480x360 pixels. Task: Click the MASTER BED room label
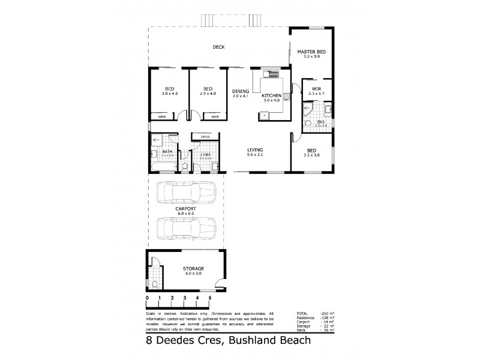pyautogui.click(x=311, y=52)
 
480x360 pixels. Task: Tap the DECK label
pyautogui.click(x=218, y=47)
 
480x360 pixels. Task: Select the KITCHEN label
pyautogui.click(x=272, y=95)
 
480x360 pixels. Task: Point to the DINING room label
pyautogui.click(x=241, y=91)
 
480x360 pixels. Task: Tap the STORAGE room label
pyautogui.click(x=194, y=268)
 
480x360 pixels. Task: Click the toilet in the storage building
pyautogui.click(x=155, y=284)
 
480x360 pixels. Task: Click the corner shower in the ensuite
pyautogui.click(x=308, y=111)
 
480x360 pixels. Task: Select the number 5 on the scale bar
pyautogui.click(x=210, y=298)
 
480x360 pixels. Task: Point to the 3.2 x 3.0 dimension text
pyautogui.click(x=311, y=155)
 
